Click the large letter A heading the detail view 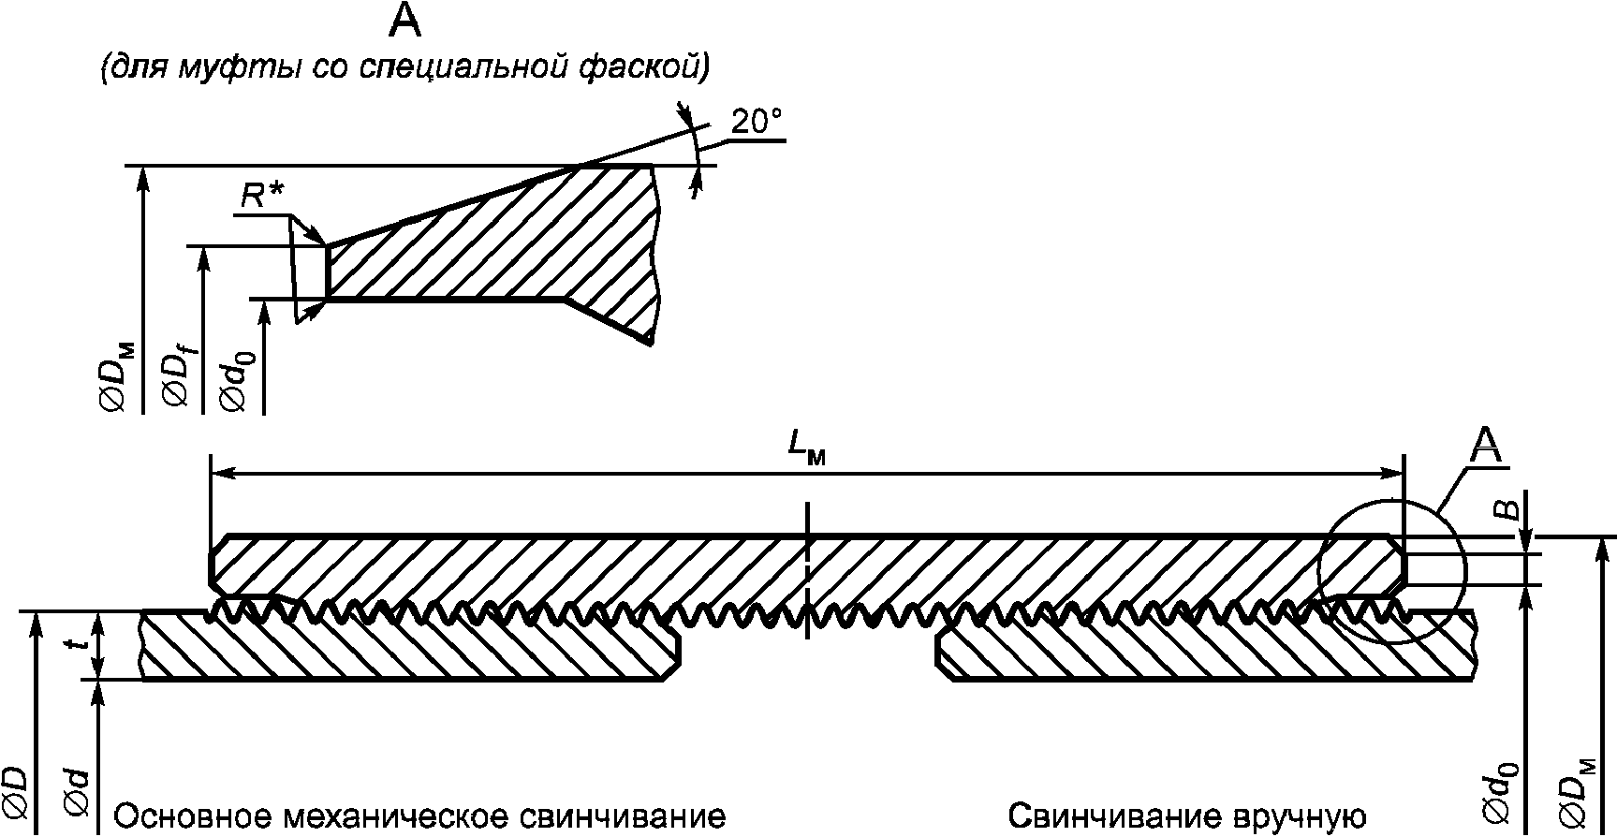click(x=404, y=21)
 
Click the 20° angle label click(x=756, y=124)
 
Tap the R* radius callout click(x=262, y=196)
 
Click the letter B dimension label click(x=1505, y=508)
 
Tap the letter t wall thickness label click(x=82, y=643)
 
